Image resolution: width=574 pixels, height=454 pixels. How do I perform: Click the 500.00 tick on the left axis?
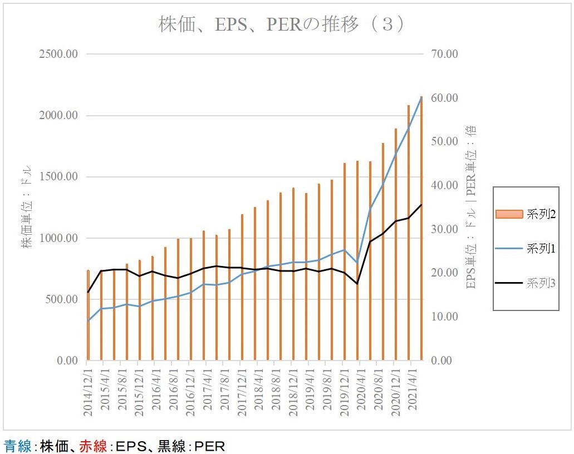click(60, 299)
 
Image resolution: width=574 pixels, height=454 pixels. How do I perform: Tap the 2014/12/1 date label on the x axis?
click(88, 389)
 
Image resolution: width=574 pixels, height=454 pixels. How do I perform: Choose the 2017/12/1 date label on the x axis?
click(242, 389)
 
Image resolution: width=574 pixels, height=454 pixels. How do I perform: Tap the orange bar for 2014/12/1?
click(88, 315)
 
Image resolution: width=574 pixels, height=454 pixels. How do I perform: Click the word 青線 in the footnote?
click(18, 446)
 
